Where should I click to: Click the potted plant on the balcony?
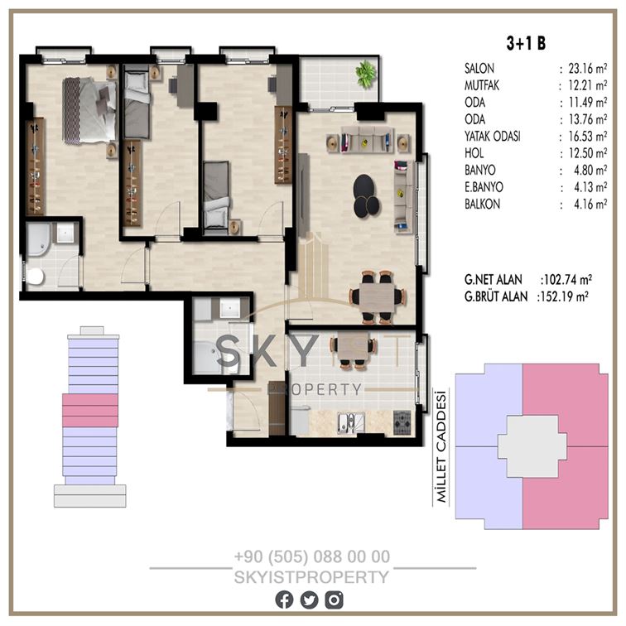point(366,74)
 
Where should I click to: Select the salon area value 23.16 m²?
point(588,69)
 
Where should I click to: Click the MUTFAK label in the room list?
point(481,85)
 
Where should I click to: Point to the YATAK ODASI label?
point(492,137)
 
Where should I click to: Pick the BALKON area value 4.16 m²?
point(590,205)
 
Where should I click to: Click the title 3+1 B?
point(526,43)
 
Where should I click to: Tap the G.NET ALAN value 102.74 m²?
point(566,280)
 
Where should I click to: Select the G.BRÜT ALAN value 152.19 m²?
point(562,296)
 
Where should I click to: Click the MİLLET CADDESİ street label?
point(441,446)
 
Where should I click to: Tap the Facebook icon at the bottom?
point(284,600)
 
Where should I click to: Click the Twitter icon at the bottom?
point(309,600)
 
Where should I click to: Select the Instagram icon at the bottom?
point(334,600)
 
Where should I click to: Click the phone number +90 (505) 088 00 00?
point(312,556)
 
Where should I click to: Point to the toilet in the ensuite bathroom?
point(35,277)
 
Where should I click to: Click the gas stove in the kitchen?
point(402,422)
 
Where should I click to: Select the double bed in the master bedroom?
point(89,110)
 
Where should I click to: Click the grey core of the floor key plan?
point(532,446)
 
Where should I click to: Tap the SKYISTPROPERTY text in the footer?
point(311,577)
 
